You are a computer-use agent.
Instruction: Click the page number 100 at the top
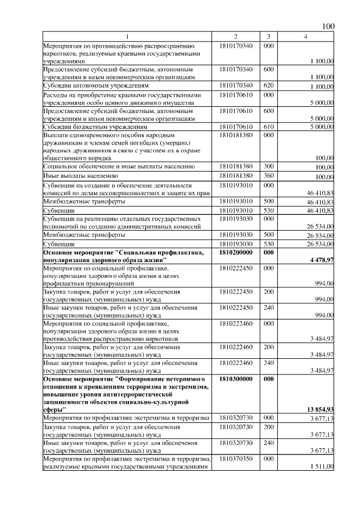pos(328,27)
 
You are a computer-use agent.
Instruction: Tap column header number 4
pos(305,37)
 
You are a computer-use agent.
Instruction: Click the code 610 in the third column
pos(268,127)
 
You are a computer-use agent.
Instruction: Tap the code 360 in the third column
pos(268,177)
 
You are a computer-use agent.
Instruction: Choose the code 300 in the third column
pos(268,167)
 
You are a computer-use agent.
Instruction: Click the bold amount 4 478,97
pos(321,260)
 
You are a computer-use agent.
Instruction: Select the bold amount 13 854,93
pos(320,410)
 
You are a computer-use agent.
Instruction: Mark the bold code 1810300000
pos(236,379)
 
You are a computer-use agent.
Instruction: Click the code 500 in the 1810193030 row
pos(268,235)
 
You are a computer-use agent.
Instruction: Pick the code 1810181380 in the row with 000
pos(236,136)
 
